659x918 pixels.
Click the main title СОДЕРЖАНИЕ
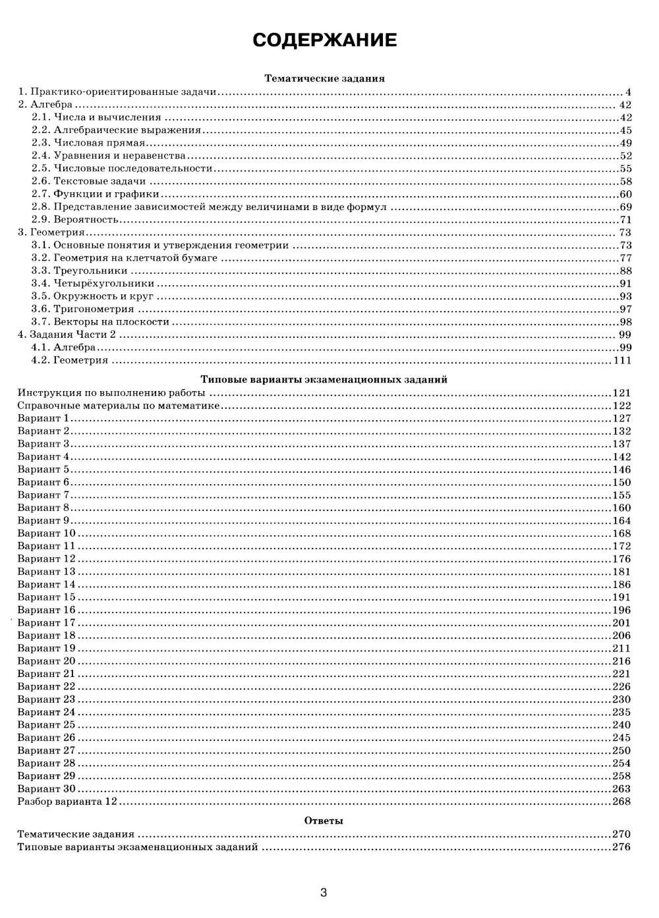[325, 40]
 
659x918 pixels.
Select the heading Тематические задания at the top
[324, 78]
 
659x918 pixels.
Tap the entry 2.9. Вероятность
[75, 219]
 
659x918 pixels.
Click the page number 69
[625, 207]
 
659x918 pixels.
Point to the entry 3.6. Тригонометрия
[83, 309]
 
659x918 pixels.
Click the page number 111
[622, 360]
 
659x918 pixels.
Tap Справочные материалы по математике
[118, 406]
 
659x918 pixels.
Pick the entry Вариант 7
[43, 495]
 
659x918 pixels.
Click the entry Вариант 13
[46, 572]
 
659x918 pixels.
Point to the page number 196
[621, 610]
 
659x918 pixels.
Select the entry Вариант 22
[46, 687]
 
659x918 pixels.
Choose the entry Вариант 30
[46, 789]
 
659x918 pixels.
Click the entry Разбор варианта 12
[67, 801]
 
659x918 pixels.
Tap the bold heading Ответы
[324, 821]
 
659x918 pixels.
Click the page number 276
[621, 847]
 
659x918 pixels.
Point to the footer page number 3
[324, 893]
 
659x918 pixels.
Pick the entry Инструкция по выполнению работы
[111, 393]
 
